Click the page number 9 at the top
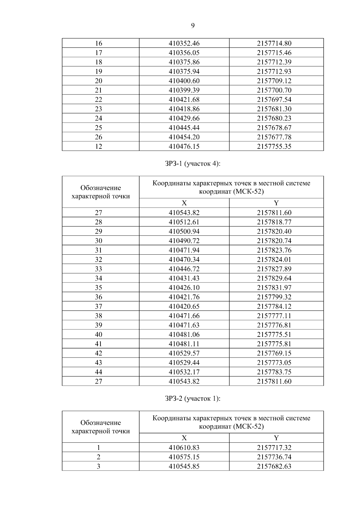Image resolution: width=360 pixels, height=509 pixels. click(x=193, y=26)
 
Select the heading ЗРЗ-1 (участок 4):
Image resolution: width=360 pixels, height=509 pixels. click(x=193, y=164)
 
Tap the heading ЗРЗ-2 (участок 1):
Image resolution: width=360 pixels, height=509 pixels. click(x=193, y=399)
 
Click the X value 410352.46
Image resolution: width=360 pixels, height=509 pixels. click(x=184, y=43)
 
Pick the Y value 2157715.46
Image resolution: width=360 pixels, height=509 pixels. click(x=274, y=53)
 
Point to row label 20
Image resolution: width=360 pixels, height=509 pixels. click(x=98, y=81)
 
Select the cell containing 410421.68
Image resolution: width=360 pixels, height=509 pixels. click(x=184, y=100)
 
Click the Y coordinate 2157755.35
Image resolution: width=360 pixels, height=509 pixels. click(x=274, y=146)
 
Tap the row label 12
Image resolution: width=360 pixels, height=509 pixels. click(x=98, y=146)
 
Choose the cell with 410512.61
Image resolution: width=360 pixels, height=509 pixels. click(x=184, y=222)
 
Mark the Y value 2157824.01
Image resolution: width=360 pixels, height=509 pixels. click(x=274, y=260)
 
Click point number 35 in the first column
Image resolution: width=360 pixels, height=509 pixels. click(x=98, y=288)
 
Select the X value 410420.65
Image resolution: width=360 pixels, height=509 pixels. click(x=184, y=307)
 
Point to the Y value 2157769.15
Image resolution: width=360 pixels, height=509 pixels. click(x=274, y=353)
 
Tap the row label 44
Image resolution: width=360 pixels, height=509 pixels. click(x=98, y=372)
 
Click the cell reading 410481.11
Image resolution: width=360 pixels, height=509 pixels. click(x=184, y=344)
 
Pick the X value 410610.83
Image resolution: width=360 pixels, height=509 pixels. click(x=184, y=448)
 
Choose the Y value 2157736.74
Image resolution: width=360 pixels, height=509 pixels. click(x=274, y=457)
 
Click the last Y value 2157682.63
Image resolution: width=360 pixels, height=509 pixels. click(x=274, y=466)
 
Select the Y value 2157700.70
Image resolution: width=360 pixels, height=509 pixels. click(x=274, y=90)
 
